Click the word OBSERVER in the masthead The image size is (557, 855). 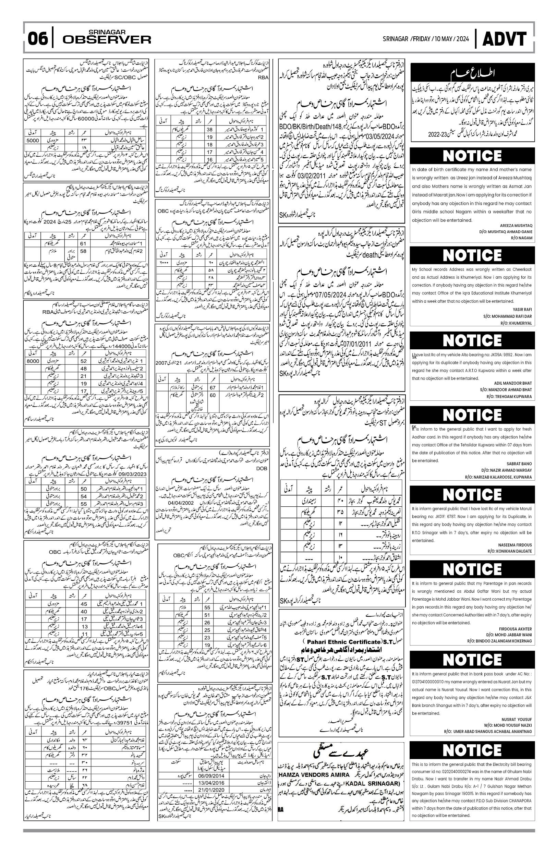[x=107, y=39]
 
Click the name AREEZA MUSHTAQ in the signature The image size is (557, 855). [x=517, y=225]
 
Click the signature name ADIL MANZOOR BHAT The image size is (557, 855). [x=513, y=383]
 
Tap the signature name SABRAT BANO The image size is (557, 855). [x=519, y=463]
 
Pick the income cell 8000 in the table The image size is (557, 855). [x=33, y=361]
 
